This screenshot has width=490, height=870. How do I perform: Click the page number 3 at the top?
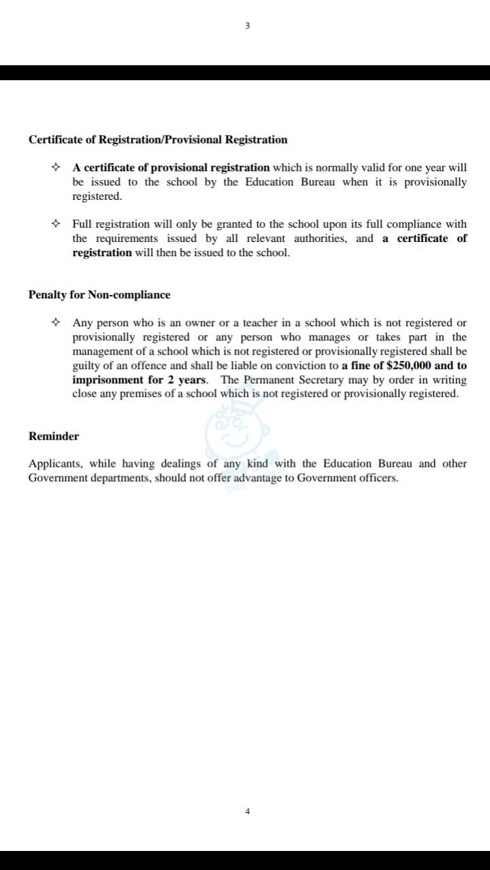247,26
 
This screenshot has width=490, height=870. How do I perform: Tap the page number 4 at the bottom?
247,811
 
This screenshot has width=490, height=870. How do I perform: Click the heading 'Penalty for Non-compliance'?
99,295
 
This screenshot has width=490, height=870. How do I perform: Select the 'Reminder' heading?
54,436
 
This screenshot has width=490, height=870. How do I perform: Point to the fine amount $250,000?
408,366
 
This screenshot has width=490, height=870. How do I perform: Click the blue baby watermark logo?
237,438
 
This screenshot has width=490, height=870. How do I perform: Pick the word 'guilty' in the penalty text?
86,366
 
